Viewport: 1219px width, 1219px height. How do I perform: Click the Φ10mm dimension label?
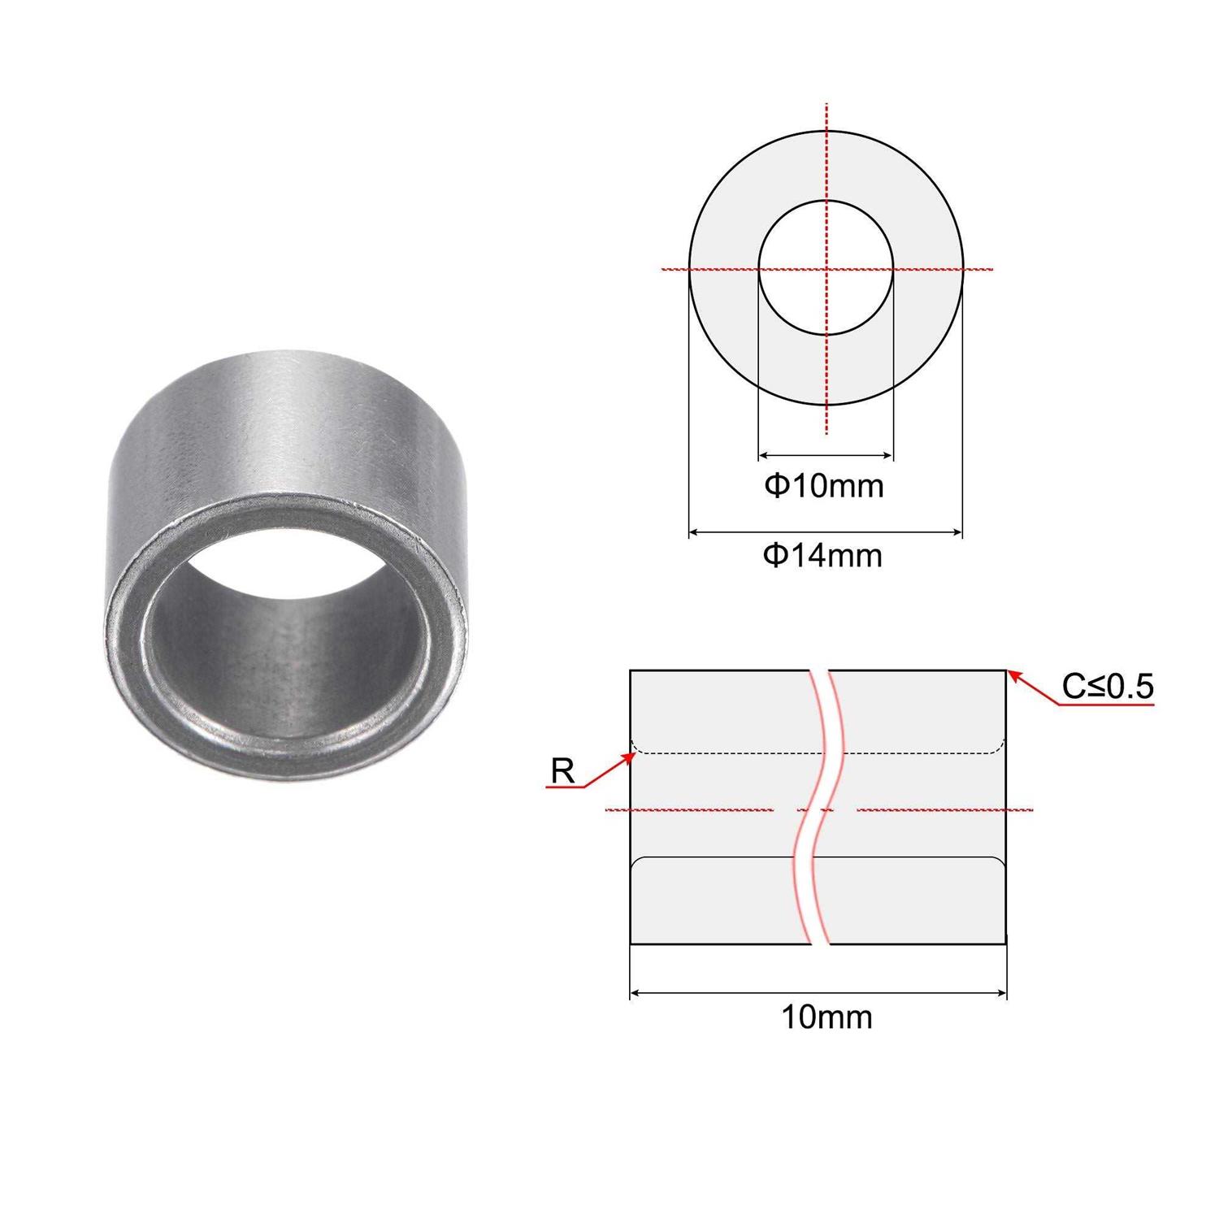click(x=823, y=486)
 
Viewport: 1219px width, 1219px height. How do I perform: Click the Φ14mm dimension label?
click(x=822, y=556)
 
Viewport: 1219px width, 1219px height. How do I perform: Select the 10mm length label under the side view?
click(x=826, y=1017)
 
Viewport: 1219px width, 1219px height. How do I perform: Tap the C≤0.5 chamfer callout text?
click(x=1107, y=688)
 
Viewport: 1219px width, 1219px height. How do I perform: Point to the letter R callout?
click(x=562, y=770)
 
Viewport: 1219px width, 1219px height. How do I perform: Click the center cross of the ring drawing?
click(x=826, y=268)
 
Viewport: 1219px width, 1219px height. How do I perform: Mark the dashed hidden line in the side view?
click(x=731, y=753)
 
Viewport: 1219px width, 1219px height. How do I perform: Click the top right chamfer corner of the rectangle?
click(x=1005, y=671)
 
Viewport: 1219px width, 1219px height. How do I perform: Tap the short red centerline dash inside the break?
click(x=815, y=810)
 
